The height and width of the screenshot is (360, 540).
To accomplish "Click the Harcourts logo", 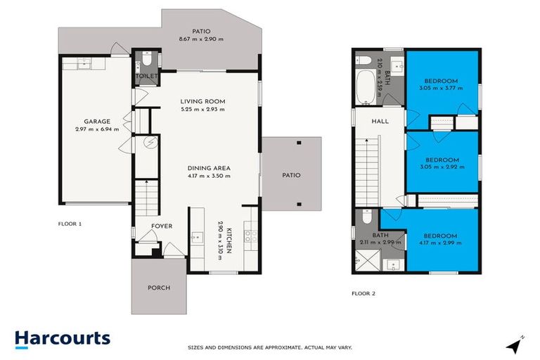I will pos(63,338).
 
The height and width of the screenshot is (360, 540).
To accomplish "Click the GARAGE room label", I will pos(96,121).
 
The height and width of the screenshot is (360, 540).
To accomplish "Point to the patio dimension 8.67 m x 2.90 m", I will pos(201,39).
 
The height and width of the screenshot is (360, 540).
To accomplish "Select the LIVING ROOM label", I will pos(202,101).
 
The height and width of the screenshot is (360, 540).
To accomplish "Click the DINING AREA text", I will pos(209,167).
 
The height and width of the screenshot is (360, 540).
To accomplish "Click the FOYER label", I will pos(162,226).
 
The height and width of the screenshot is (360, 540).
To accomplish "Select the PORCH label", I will pos(158,288).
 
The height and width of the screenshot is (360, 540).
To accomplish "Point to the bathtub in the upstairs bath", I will pos(365,84).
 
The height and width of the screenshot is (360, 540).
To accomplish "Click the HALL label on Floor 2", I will pos(380,121).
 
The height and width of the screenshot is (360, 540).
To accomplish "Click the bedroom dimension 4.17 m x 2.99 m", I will pos(442,243).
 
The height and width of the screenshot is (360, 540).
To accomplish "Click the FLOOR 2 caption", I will pos(364,293).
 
